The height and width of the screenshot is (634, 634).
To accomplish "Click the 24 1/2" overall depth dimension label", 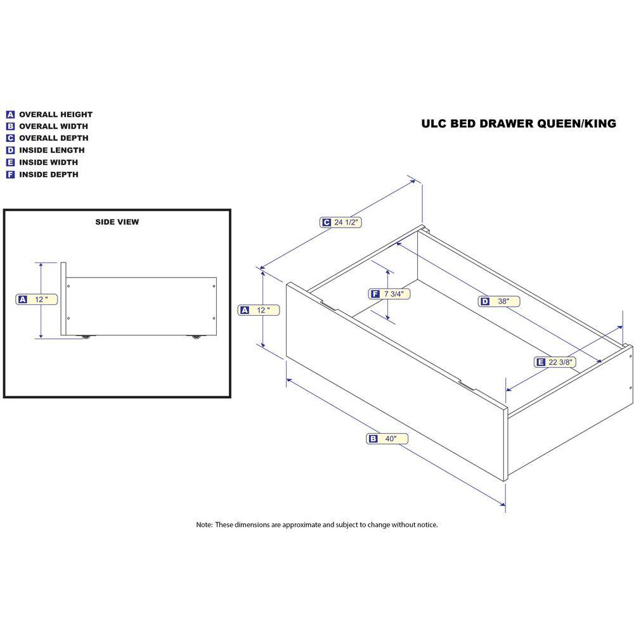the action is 340,222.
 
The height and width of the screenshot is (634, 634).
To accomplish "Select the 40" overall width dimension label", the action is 387,439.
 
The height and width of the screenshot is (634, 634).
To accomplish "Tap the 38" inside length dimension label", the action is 499,301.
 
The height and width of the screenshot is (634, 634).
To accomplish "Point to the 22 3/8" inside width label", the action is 555,362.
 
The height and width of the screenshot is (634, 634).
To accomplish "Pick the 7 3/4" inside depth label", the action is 389,294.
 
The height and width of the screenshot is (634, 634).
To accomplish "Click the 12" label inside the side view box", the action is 36,300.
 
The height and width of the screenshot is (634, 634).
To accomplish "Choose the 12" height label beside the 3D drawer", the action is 259,310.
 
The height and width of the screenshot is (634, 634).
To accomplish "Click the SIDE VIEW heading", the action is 117,222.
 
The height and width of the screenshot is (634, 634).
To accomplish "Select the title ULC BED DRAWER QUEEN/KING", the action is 519,124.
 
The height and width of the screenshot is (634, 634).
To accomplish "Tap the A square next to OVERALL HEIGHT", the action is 10,114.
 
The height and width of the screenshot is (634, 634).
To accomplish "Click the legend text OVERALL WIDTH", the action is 53,126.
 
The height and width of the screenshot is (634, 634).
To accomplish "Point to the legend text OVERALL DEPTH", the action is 54,138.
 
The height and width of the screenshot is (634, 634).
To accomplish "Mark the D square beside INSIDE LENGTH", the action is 10,150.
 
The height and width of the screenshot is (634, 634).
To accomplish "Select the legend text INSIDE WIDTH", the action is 49,162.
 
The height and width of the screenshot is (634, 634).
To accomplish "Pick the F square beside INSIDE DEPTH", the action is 10,175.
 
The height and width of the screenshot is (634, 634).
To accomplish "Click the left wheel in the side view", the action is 86,337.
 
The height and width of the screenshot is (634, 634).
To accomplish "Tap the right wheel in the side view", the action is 196,337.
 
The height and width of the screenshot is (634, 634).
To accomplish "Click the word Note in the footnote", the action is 204,525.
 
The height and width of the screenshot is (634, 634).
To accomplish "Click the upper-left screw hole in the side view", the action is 68,287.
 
